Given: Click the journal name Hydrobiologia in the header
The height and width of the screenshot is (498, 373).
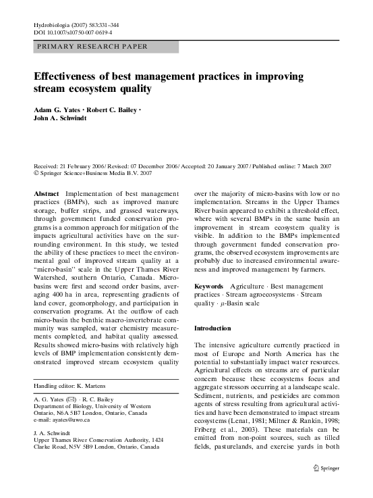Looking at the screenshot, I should [53, 24].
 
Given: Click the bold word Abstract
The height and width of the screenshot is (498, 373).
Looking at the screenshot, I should [46, 193].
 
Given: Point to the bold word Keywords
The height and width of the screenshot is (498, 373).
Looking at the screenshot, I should [208, 287].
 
